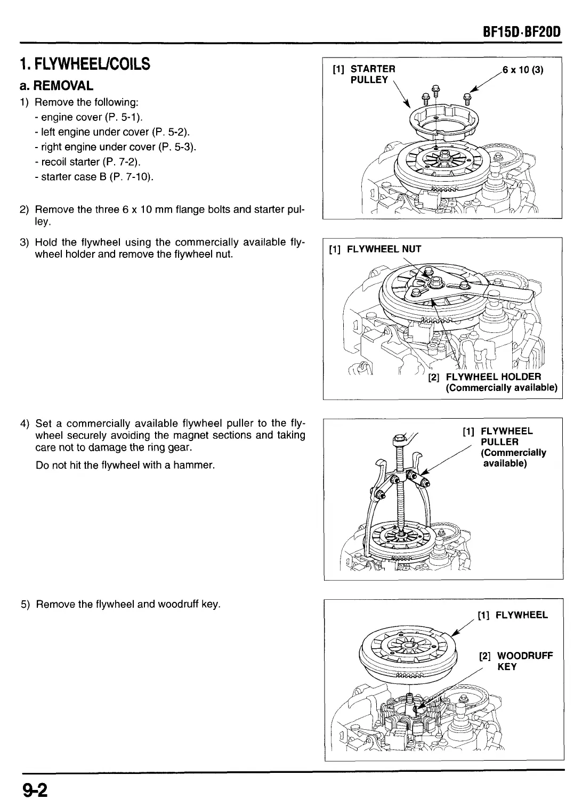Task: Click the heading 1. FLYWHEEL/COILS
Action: [x=85, y=65]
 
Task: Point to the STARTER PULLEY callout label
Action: [x=368, y=75]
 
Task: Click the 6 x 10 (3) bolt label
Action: [x=523, y=69]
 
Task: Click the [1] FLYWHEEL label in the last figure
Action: [x=513, y=615]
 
